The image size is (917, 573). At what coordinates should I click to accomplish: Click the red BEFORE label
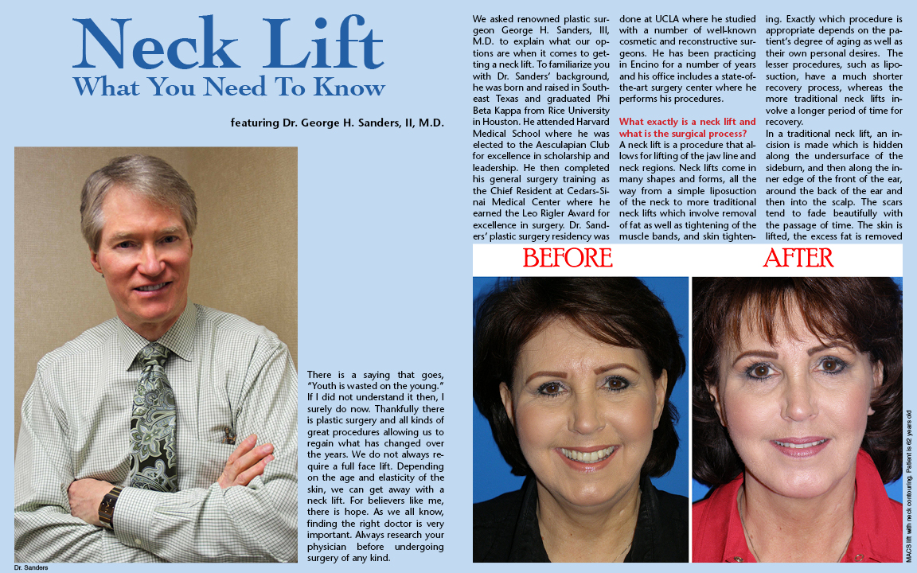[x=568, y=259]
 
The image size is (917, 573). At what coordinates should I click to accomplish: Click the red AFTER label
[x=798, y=259]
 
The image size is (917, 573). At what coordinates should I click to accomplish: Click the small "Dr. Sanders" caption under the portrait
[x=31, y=567]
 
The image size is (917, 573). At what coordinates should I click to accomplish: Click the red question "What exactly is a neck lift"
[x=687, y=122]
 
